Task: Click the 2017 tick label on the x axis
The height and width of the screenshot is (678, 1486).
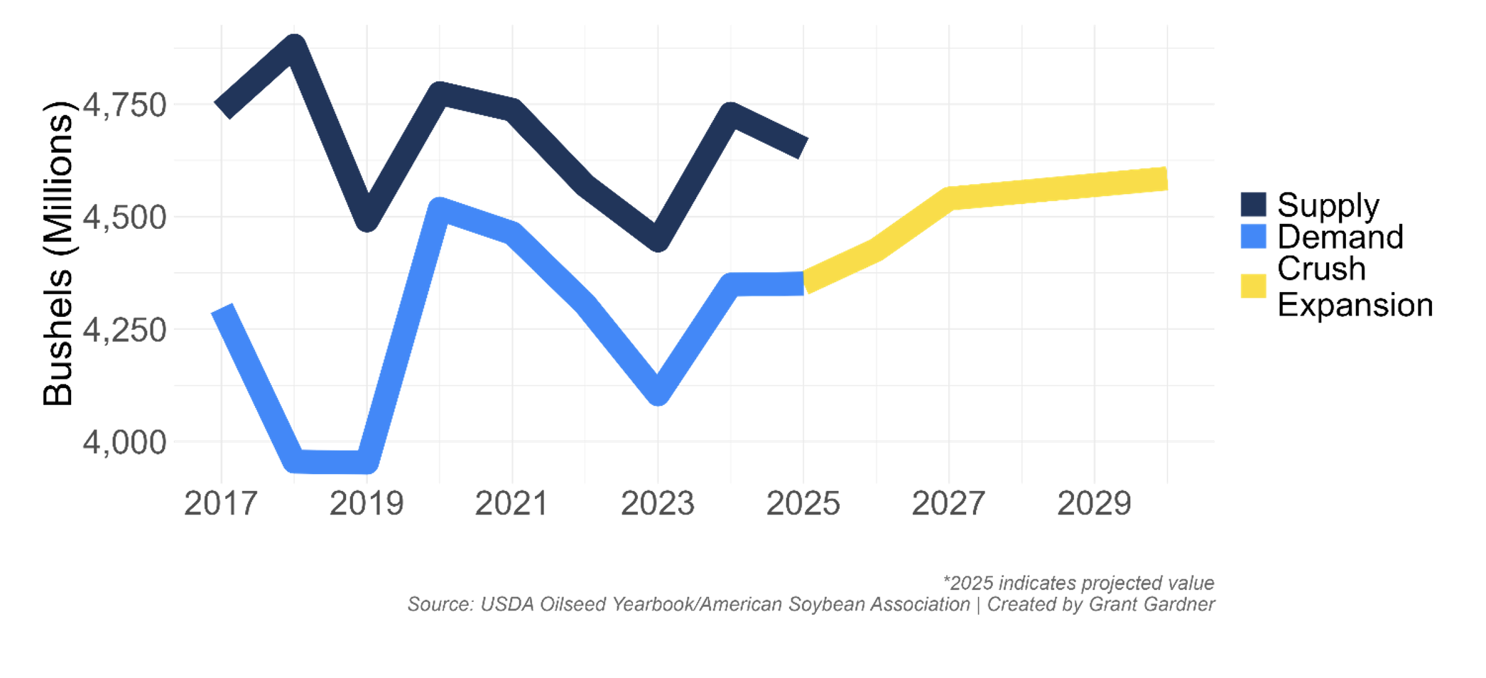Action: coord(220,504)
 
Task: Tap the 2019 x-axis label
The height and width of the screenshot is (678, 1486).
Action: coord(367,504)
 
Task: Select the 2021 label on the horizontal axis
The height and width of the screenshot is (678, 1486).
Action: coord(511,504)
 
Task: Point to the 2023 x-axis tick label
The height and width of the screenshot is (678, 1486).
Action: coord(658,504)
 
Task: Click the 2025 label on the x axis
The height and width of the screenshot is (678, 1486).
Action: coord(803,504)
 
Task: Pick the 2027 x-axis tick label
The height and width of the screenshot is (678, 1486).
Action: coord(948,504)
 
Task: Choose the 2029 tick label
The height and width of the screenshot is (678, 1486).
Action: coord(1094,504)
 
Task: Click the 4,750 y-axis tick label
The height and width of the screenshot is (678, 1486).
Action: coord(125,105)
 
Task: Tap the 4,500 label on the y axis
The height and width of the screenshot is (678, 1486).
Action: coord(125,217)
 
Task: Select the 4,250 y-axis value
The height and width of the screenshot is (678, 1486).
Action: coord(125,330)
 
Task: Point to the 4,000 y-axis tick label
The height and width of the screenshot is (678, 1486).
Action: coord(125,442)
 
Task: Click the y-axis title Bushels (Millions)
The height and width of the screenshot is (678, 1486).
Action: coord(58,253)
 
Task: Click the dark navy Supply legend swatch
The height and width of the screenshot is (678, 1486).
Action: coord(1253,205)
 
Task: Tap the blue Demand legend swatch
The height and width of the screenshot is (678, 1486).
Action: coord(1253,237)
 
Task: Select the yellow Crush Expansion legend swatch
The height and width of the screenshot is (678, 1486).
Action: coord(1253,286)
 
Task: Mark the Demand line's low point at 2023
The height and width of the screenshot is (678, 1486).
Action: coord(658,392)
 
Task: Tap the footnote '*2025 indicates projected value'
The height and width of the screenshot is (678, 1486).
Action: coord(1078,583)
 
